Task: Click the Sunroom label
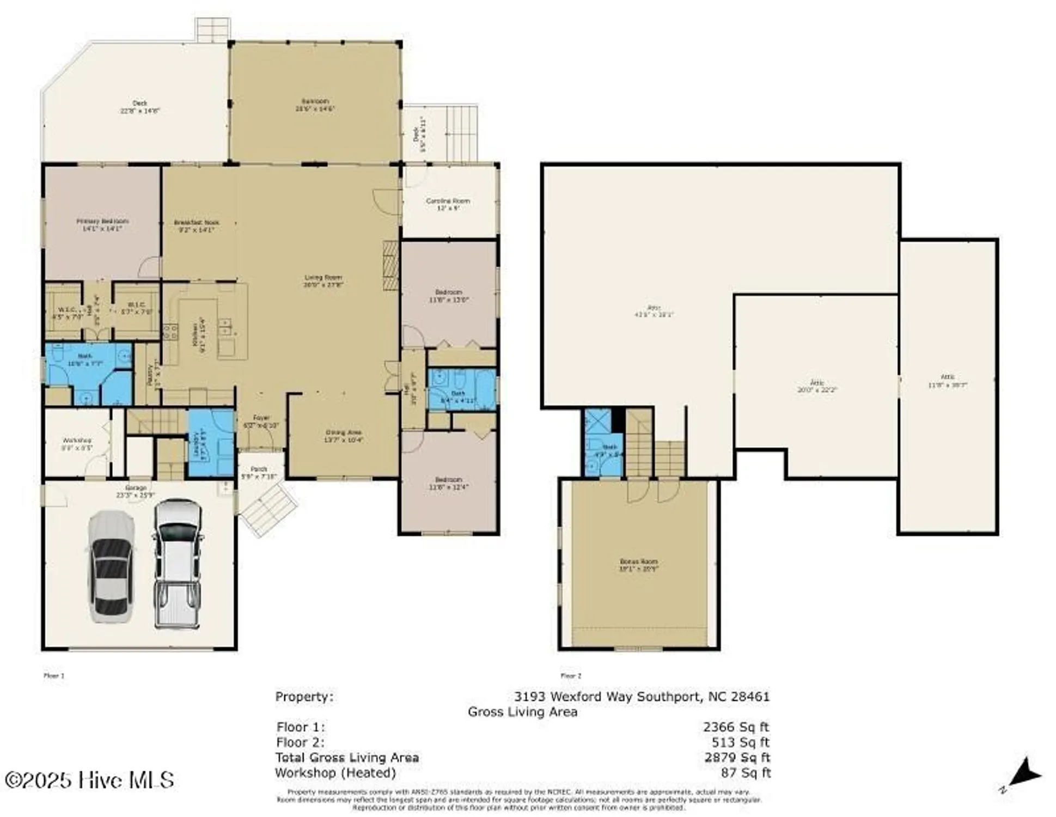pyautogui.click(x=315, y=105)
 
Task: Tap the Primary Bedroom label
pyautogui.click(x=102, y=224)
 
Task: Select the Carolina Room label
pyautogui.click(x=448, y=204)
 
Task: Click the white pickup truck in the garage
pyautogui.click(x=178, y=564)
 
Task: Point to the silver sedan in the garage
pyautogui.click(x=111, y=566)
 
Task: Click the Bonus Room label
pyautogui.click(x=638, y=564)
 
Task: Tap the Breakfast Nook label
pyautogui.click(x=197, y=225)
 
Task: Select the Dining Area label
pyautogui.click(x=343, y=436)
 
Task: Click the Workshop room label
pyautogui.click(x=77, y=443)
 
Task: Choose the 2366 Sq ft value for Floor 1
pyautogui.click(x=736, y=727)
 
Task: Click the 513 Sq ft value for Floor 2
pyautogui.click(x=740, y=742)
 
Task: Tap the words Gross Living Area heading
pyautogui.click(x=522, y=711)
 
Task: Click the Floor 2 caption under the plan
pyautogui.click(x=571, y=675)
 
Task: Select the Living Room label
pyautogui.click(x=323, y=281)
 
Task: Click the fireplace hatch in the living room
pyautogui.click(x=391, y=267)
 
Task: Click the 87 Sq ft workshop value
pyautogui.click(x=746, y=772)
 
